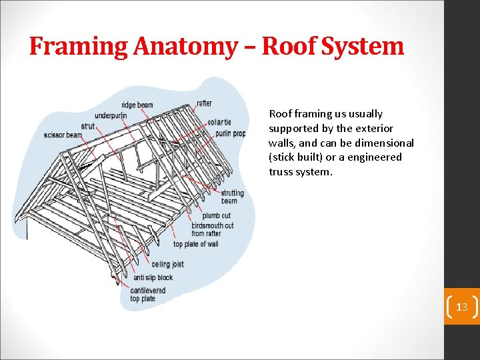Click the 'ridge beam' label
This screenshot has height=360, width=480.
coord(137,105)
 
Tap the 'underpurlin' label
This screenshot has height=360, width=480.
coord(111,115)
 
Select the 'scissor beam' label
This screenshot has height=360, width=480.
coord(63,135)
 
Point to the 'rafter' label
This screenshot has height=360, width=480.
coord(204,103)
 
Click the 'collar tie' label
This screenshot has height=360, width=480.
coord(219,122)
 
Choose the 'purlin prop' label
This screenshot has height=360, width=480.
coord(230,133)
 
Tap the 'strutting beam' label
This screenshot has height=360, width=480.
coord(232,197)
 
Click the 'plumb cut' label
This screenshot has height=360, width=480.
coord(217,216)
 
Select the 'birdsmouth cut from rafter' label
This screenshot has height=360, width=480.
coord(212,229)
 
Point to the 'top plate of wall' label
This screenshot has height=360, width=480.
coord(195,244)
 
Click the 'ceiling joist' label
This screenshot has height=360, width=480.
coord(167,265)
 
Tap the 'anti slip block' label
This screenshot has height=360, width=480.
coord(153,277)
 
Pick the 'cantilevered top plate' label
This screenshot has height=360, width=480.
coord(147,294)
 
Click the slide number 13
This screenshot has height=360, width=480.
coord(461,307)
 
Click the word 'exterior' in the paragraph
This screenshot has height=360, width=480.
coord(374,128)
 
